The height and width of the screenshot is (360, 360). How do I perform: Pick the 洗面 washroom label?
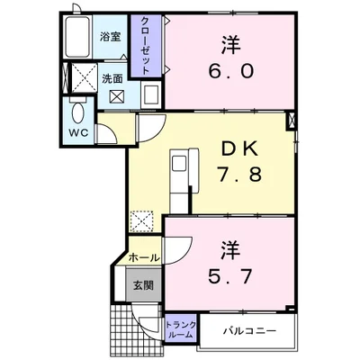click(112, 78)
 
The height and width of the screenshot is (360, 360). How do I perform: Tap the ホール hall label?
click(143, 257)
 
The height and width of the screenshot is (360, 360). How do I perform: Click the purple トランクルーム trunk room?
click(179, 328)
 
